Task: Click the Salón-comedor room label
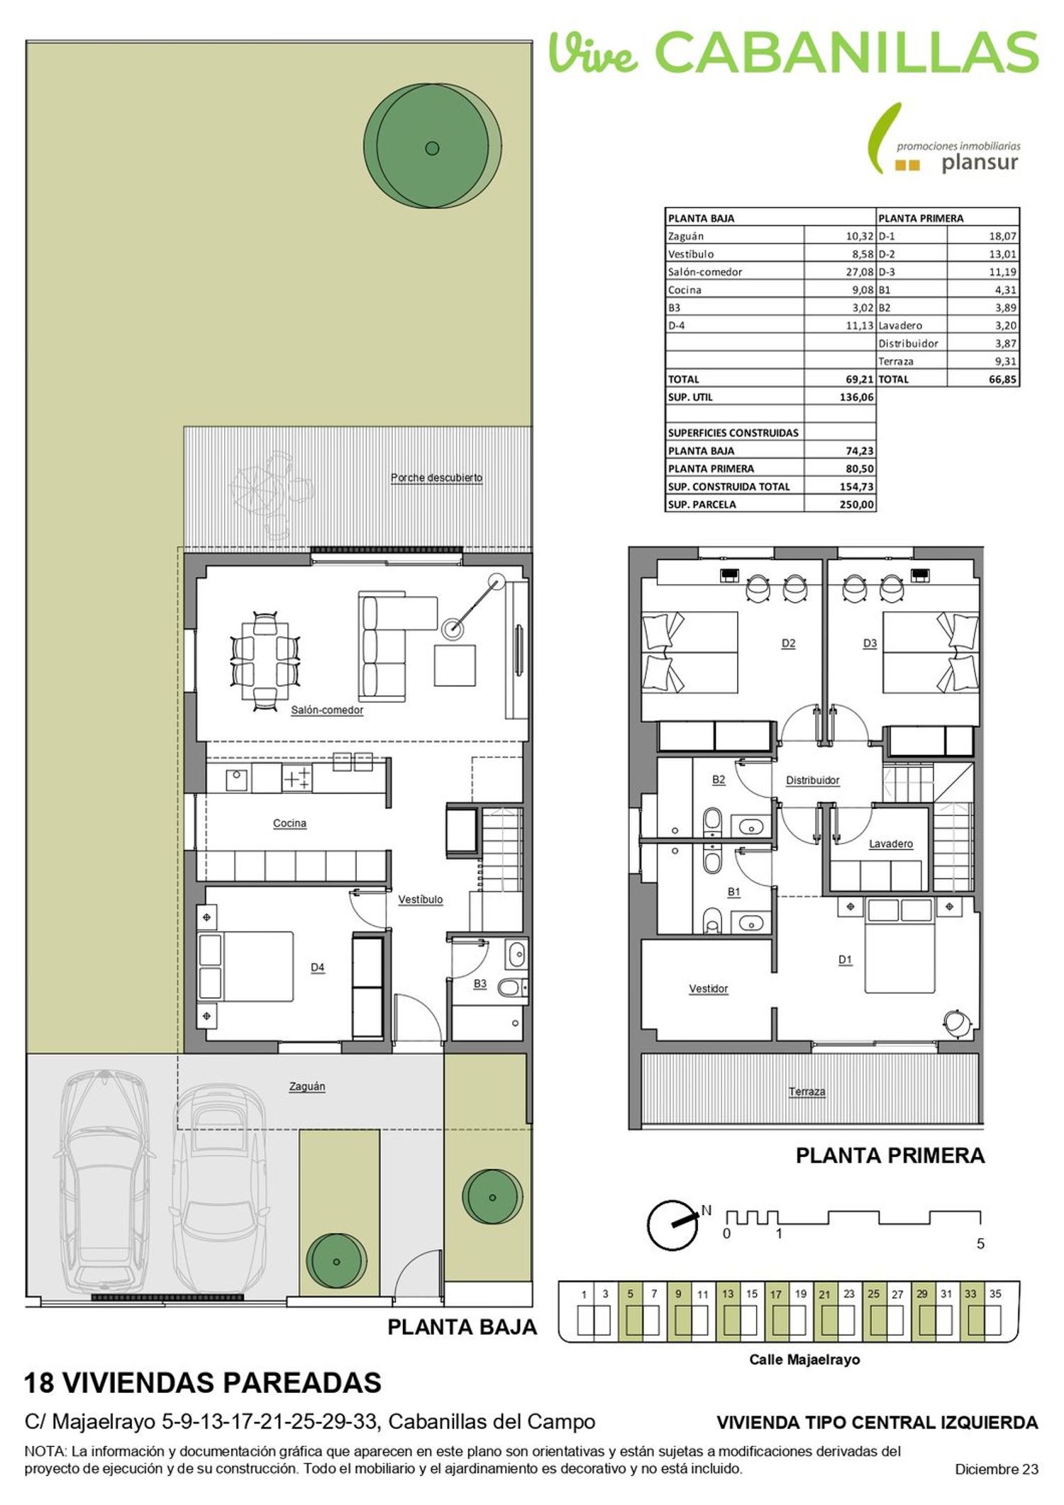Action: [x=327, y=710]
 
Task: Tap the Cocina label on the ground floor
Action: [x=289, y=823]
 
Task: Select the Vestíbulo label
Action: [x=420, y=900]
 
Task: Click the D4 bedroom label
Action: [x=317, y=967]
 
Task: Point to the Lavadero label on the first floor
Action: [x=891, y=844]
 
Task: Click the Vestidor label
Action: [x=708, y=988]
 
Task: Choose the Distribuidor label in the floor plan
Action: [x=812, y=780]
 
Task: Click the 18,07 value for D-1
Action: [x=1003, y=236]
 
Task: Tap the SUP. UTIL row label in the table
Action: [x=690, y=397]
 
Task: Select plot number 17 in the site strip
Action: [x=776, y=1294]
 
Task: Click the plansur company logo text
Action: [x=980, y=163]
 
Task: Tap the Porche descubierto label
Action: [x=436, y=478]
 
